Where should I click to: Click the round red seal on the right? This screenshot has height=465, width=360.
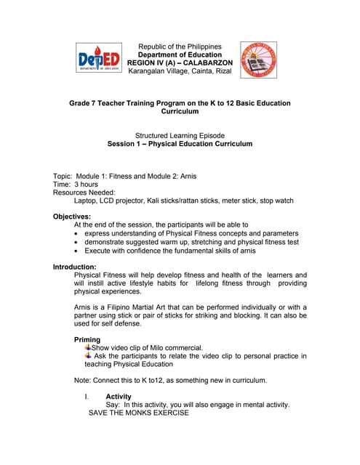(x=258, y=59)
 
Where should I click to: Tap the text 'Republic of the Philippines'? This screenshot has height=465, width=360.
(x=180, y=46)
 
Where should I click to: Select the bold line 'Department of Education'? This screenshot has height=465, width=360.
(x=180, y=54)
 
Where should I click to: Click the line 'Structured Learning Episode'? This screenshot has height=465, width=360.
(x=180, y=136)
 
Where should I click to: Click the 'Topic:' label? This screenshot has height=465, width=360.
(x=64, y=177)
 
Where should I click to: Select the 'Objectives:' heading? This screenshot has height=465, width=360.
(x=72, y=217)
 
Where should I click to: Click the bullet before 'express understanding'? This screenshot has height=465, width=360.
(x=77, y=234)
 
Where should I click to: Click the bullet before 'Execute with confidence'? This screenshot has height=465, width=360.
(x=77, y=251)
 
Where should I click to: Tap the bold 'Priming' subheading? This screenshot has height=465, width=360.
(x=88, y=340)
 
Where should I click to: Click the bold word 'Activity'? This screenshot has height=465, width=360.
(x=119, y=397)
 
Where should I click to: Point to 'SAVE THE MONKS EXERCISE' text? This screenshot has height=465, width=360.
(x=138, y=413)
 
